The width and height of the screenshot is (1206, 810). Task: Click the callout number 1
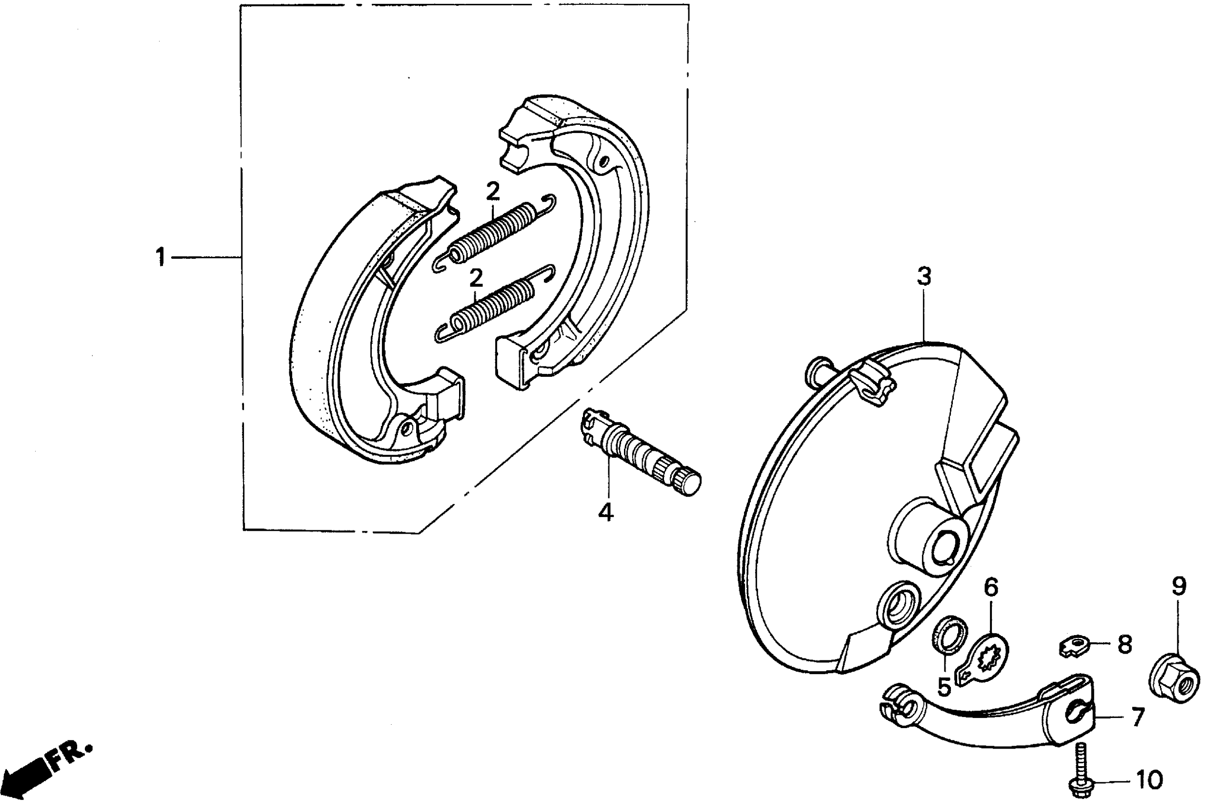tap(161, 257)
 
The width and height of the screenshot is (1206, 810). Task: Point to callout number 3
tap(924, 277)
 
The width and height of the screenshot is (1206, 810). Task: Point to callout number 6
tap(991, 588)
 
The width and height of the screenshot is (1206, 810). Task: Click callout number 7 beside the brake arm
tap(1138, 718)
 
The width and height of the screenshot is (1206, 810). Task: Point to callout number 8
tap(1125, 644)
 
